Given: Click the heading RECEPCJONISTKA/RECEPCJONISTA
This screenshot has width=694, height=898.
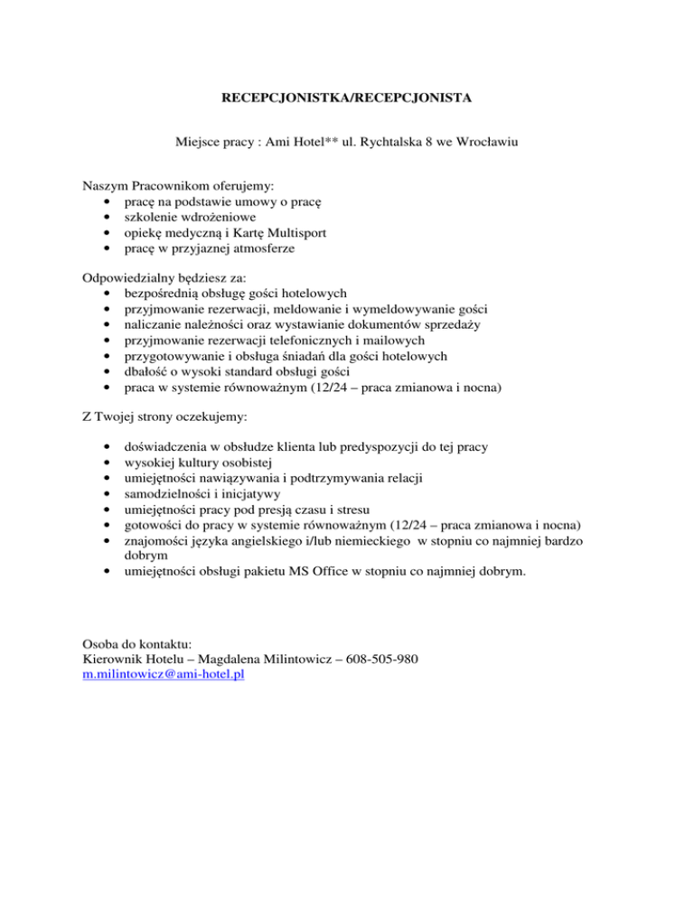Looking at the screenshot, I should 347,95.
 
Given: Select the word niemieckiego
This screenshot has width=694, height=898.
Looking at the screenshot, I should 359,540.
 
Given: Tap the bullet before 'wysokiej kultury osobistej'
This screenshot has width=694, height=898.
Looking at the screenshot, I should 108,463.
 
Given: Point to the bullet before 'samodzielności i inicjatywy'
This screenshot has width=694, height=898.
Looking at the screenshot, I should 108,493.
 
